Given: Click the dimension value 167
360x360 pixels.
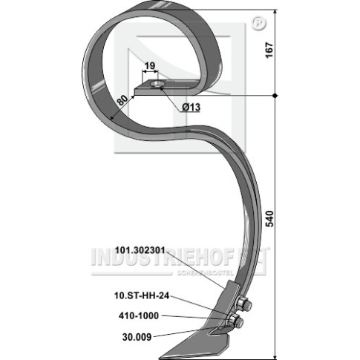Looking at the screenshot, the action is [269, 50].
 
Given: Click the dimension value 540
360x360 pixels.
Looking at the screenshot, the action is [269, 218].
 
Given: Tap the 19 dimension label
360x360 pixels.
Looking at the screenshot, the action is [150, 66].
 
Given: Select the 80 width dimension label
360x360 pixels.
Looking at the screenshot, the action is [122, 100].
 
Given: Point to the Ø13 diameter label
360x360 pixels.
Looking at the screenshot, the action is [191, 107].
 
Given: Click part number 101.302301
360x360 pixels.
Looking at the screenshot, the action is [140, 250].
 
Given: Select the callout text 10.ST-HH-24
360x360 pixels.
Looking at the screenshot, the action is [142, 295].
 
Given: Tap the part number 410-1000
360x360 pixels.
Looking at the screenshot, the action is [139, 315].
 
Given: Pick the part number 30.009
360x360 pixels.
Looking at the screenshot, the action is [137, 337].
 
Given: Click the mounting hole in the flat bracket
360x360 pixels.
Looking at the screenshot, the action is [157, 85].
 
